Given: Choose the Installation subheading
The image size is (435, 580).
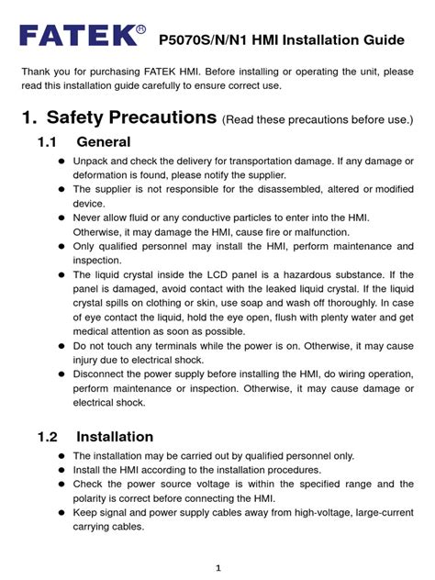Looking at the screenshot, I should [115, 436].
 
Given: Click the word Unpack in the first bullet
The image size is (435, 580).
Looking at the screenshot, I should [93, 162].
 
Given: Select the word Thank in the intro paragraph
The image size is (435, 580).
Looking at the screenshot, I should [40, 72].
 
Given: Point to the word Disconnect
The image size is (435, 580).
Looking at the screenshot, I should [104, 374].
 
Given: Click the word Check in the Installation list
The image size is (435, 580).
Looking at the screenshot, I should [90, 484].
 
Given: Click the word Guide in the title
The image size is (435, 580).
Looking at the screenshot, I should [385, 40].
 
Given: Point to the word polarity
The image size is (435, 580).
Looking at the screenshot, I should [95, 497].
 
